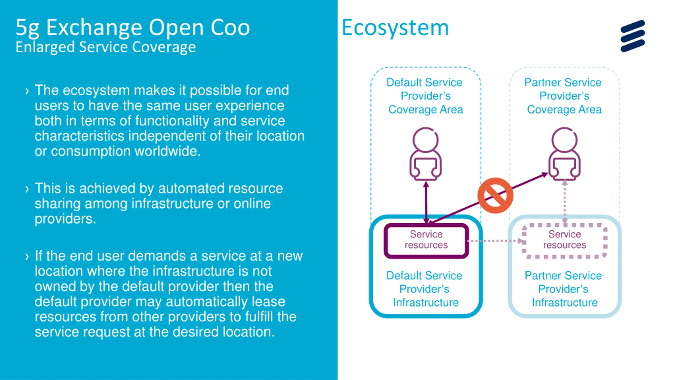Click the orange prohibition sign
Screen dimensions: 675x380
click(x=495, y=195)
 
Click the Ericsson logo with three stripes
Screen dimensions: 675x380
click(x=633, y=36)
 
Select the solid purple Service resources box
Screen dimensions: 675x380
click(x=426, y=241)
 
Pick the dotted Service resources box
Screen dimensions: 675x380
click(x=565, y=241)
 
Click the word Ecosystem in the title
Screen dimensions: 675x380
click(x=395, y=28)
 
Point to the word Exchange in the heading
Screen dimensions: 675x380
click(x=94, y=28)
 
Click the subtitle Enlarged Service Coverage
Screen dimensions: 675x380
click(x=105, y=47)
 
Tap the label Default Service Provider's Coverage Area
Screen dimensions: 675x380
click(x=425, y=96)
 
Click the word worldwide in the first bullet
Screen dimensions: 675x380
click(x=168, y=151)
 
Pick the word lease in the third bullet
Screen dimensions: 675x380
click(x=268, y=302)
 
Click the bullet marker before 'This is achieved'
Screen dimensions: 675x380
click(x=27, y=189)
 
